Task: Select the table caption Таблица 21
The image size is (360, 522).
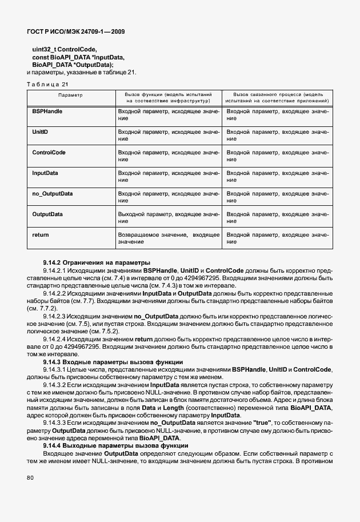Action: pyautogui.click(x=51, y=84)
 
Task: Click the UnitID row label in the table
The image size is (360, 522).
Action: pyautogui.click(x=40, y=132)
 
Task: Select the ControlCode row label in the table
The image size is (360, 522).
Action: pyautogui.click(x=49, y=153)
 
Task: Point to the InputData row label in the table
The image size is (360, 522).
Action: pyautogui.click(x=45, y=173)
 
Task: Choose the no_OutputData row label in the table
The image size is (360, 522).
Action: pyautogui.click(x=52, y=193)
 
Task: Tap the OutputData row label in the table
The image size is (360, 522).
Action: pyautogui.click(x=47, y=214)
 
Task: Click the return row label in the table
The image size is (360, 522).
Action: pyautogui.click(x=40, y=234)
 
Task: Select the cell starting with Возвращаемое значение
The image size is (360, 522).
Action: pyautogui.click(x=169, y=238)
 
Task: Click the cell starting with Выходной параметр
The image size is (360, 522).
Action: pyautogui.click(x=169, y=218)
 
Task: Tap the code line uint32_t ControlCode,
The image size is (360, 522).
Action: pyautogui.click(x=65, y=50)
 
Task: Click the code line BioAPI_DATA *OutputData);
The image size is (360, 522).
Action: pyautogui.click(x=73, y=65)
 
